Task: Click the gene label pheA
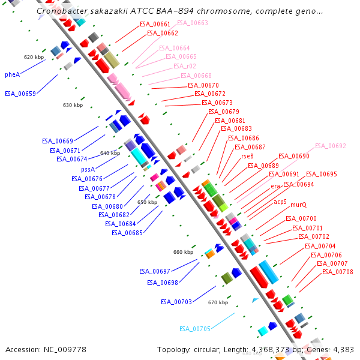(x=13, y=74)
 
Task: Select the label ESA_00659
(x=20, y=94)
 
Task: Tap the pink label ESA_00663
(x=193, y=23)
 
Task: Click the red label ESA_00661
(x=155, y=24)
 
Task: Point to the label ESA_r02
(x=185, y=66)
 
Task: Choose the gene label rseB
(x=247, y=156)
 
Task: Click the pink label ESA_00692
(x=331, y=146)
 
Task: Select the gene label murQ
(x=298, y=205)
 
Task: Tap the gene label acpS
(x=280, y=202)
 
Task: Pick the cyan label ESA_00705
(x=195, y=329)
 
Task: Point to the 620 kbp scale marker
(x=34, y=57)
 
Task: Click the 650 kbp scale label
(x=148, y=202)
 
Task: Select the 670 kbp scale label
(x=218, y=302)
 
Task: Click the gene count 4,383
(x=342, y=349)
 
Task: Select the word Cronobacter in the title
(x=60, y=11)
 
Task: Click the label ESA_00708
(x=338, y=272)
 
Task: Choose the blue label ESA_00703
(x=176, y=302)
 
